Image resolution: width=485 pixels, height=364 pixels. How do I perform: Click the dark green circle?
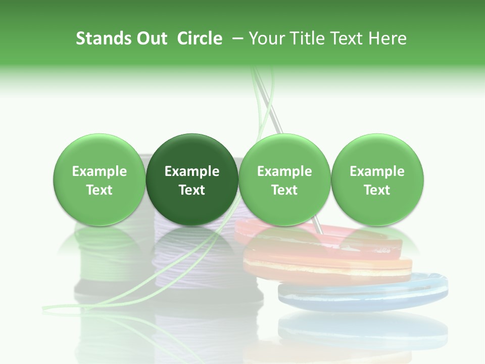(x=192, y=180)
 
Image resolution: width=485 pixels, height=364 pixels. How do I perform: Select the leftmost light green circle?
(x=99, y=180)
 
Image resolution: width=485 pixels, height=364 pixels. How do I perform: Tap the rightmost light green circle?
(x=377, y=180)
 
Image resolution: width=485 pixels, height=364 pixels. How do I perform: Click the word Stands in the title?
(x=104, y=38)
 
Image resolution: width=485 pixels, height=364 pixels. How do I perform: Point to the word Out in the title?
(x=152, y=38)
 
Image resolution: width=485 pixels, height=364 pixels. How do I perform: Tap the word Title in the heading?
(x=305, y=38)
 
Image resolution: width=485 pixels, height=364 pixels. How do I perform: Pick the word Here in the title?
(x=389, y=38)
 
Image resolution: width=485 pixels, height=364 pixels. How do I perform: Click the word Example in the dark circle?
(x=192, y=171)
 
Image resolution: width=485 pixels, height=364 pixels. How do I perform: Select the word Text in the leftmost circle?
(x=99, y=190)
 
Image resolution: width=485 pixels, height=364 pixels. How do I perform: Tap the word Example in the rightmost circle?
(x=377, y=171)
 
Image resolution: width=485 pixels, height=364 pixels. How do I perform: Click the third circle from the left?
(x=284, y=180)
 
